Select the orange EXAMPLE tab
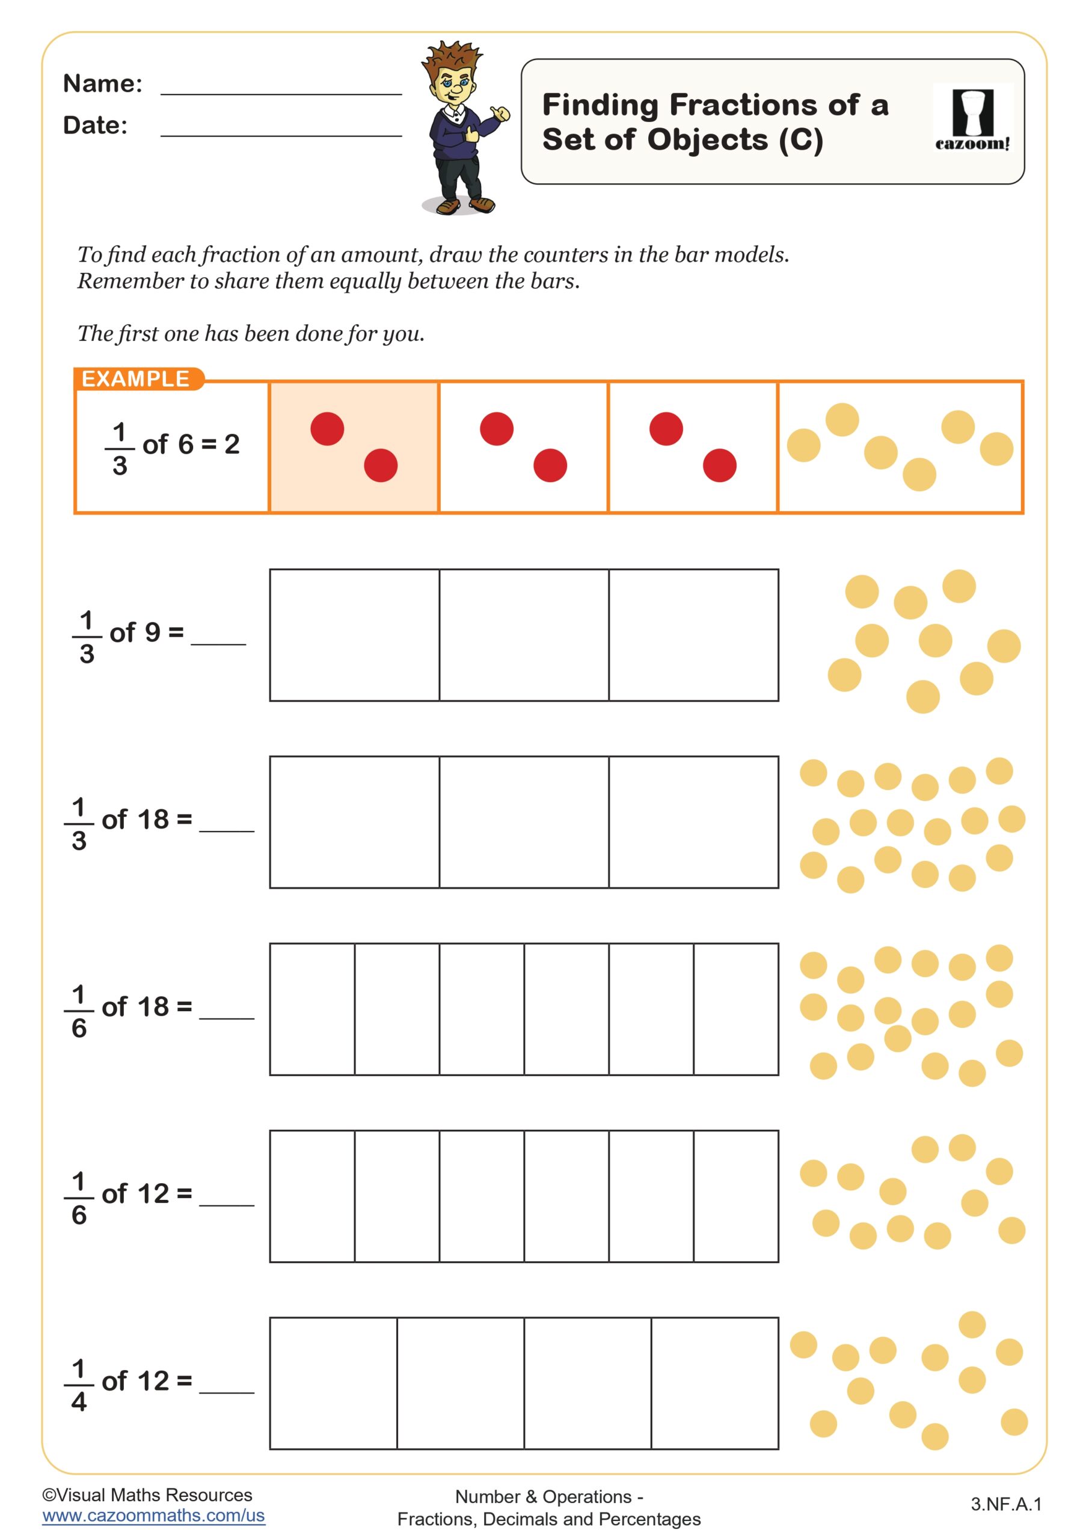tap(136, 379)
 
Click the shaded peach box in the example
tap(354, 447)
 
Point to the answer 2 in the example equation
tap(232, 444)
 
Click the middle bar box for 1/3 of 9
tap(524, 635)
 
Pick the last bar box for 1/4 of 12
tap(714, 1383)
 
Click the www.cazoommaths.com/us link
tap(153, 1516)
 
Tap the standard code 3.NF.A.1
tap(1006, 1504)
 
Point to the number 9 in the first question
tap(152, 632)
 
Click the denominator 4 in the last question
tap(79, 1401)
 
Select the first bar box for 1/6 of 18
tap(313, 1009)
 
